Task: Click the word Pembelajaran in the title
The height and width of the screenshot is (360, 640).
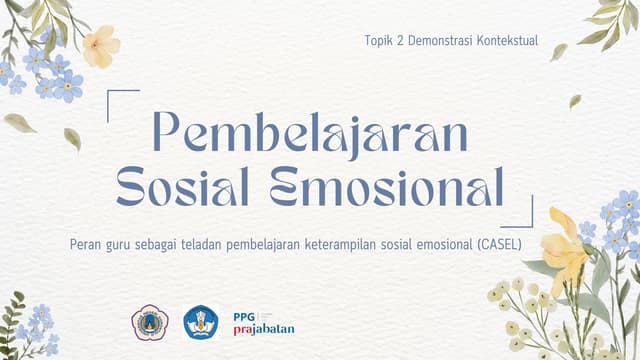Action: [x=309, y=134]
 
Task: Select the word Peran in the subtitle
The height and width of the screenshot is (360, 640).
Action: [x=87, y=242]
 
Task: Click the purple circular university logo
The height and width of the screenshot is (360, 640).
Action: [x=150, y=322]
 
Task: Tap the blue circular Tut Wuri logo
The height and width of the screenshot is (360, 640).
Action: [x=201, y=322]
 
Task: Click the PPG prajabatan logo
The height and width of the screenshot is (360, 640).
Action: [x=262, y=322]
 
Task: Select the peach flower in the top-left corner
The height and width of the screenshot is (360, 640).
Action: [x=100, y=46]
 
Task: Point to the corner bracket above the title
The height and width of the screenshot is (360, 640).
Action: [x=121, y=97]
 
